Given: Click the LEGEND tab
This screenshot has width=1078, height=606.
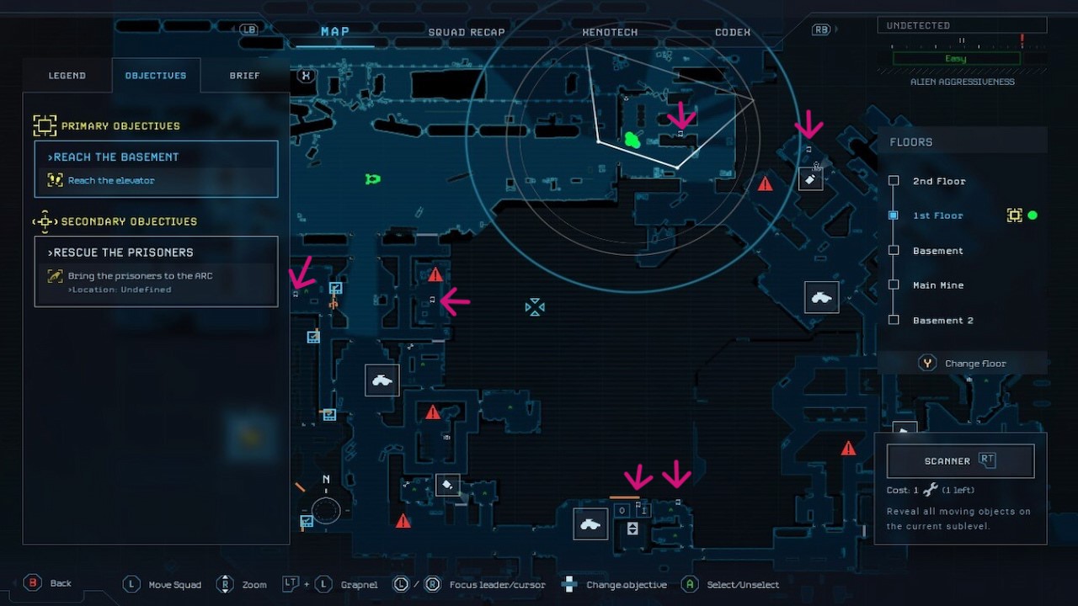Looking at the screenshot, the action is coord(67,76).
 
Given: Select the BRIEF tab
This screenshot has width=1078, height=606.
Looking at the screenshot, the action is coord(244,76).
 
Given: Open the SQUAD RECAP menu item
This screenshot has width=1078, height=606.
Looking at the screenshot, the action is coord(466,33).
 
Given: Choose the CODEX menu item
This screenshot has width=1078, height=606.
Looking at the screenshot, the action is coord(732,33).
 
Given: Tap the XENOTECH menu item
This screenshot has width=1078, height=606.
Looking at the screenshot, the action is coord(610,33).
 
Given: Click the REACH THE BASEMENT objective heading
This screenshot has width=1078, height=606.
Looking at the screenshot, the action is coord(114,157).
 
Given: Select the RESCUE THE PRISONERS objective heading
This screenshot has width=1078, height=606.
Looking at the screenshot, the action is coord(120,252).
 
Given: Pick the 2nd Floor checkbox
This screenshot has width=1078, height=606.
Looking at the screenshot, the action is coord(894,181).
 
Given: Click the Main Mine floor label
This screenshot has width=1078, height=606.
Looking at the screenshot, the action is coord(937,285).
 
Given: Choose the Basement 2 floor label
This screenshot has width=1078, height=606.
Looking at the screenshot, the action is coord(942,321).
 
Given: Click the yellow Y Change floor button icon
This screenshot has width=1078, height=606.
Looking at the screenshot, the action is coord(927,364).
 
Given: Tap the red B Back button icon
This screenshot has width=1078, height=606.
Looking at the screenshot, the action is coord(33,583).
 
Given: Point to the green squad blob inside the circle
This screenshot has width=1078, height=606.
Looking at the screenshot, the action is coord(632,140).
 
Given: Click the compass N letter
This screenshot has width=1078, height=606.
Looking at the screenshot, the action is coord(326,480).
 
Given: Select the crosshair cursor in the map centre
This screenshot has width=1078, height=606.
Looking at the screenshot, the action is coord(535,307).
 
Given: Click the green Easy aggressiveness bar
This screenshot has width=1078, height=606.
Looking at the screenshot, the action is coord(956,59).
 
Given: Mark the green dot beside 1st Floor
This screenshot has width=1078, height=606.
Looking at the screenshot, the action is coord(1033,215).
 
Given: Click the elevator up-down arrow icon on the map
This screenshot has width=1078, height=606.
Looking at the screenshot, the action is coord(632,529).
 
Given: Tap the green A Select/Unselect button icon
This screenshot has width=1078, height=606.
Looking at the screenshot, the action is coord(690,584).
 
